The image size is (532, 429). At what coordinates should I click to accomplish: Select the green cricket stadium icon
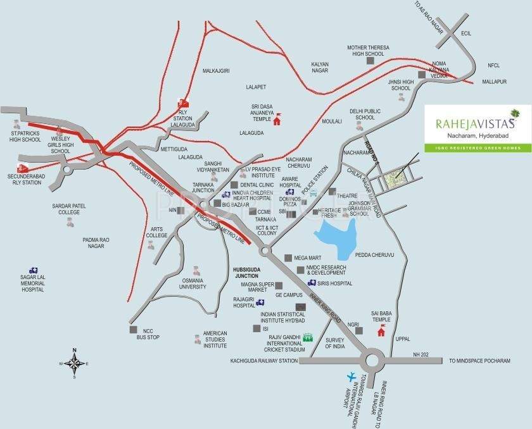point(308,337)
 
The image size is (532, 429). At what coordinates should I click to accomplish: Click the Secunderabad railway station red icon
point(22,168)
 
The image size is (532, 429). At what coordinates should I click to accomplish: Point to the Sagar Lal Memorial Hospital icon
point(32,269)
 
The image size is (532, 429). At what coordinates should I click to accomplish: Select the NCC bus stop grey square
point(133,330)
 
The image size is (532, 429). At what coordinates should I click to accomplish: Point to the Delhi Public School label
point(365,115)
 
